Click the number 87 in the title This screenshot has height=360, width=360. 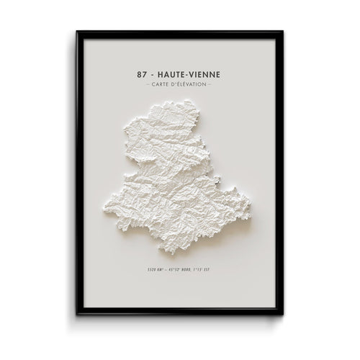[x=139, y=73]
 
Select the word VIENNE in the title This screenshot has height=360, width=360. [x=207, y=73]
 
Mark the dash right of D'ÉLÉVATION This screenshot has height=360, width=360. [x=210, y=85]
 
